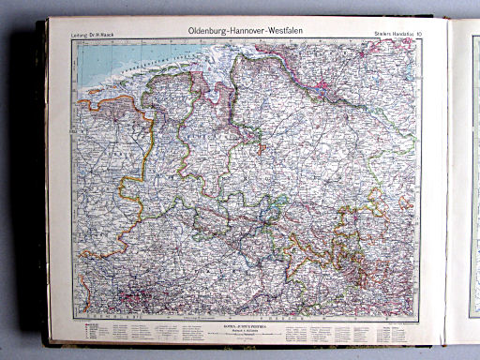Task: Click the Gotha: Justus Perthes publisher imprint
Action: point(246,323)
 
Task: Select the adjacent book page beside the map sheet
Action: point(464,187)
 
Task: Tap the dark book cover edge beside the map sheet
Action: point(40,187)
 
